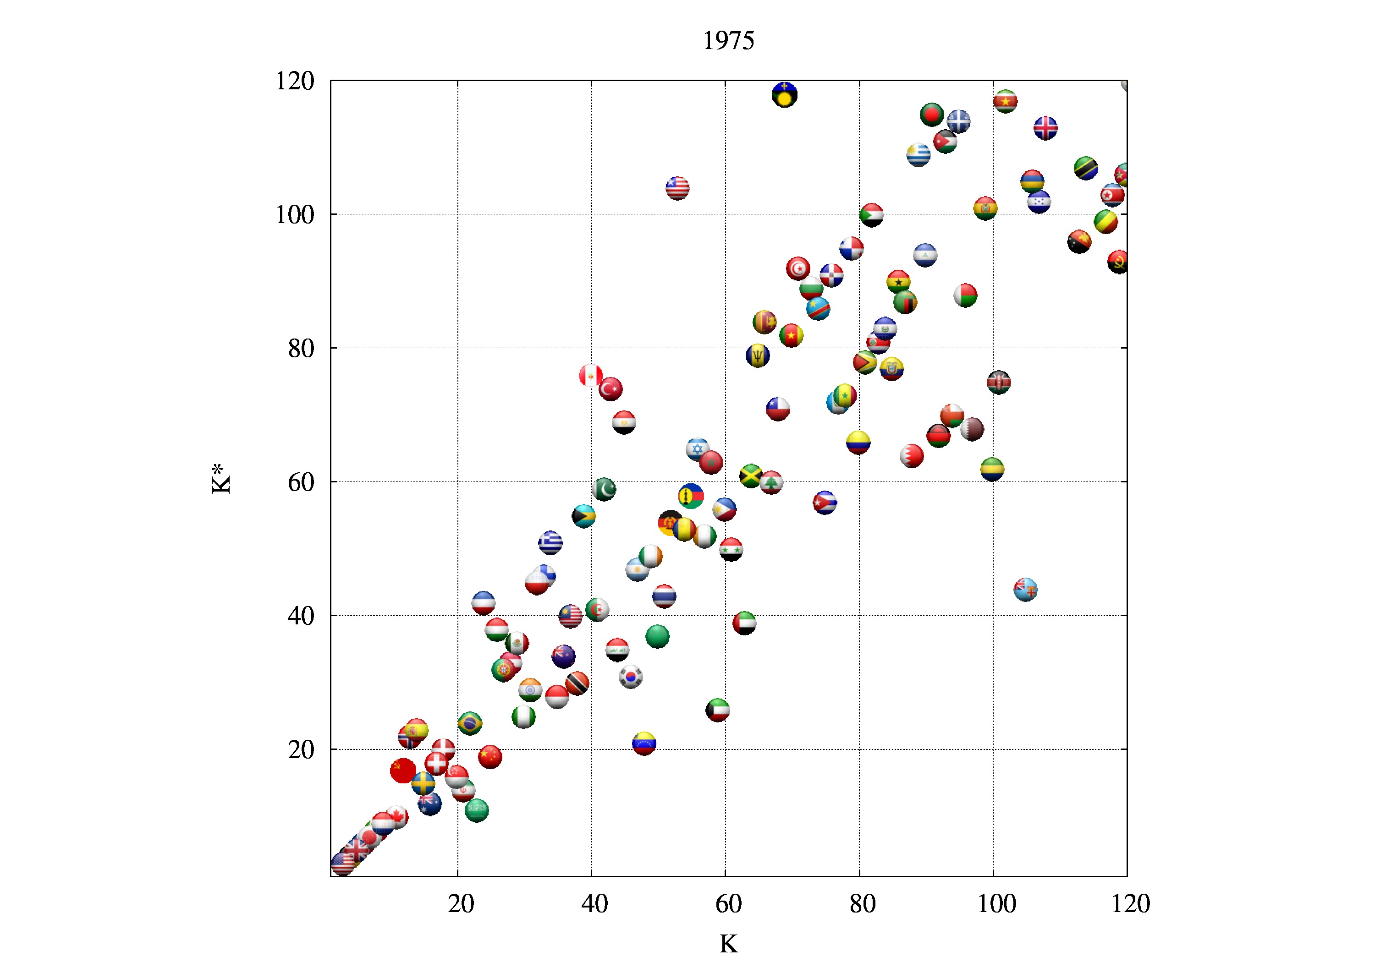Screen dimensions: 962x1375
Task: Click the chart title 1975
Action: (728, 41)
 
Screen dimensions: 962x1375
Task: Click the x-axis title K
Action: (728, 944)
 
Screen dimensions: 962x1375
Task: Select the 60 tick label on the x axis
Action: (728, 904)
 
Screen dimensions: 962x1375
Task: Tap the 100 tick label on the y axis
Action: (295, 215)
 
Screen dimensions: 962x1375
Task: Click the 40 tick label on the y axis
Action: (301, 616)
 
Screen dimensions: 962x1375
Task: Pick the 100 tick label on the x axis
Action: (996, 904)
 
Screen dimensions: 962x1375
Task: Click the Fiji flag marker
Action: (1025, 590)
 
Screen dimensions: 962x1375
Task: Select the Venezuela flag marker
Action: (644, 743)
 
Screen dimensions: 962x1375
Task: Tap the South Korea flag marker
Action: (631, 677)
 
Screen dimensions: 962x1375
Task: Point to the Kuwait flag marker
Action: (717, 710)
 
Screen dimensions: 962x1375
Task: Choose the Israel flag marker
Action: (697, 449)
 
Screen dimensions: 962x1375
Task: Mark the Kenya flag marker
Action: (999, 382)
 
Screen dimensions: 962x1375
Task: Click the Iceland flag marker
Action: (1045, 127)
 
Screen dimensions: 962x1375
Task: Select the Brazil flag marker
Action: (469, 723)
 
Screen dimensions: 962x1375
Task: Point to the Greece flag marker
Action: (550, 543)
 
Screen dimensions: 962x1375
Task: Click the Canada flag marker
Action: (396, 816)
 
